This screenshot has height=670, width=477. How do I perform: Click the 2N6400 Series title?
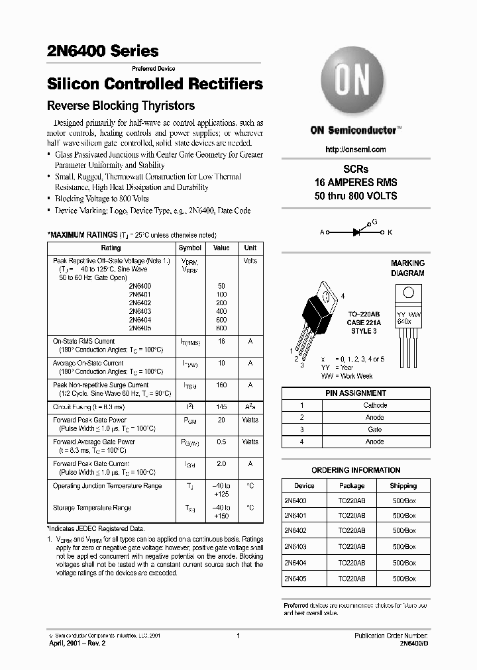(x=103, y=50)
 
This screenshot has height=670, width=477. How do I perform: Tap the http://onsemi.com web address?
(x=356, y=150)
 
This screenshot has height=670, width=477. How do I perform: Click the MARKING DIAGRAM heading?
(x=407, y=268)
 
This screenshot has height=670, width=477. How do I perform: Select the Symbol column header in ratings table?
(x=190, y=248)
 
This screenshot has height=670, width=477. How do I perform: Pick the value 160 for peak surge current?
(x=221, y=385)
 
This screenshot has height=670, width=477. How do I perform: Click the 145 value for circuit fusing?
(x=221, y=407)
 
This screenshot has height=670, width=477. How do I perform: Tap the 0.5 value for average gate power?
(x=221, y=442)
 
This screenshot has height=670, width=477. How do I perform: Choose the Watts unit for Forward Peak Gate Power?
(x=250, y=420)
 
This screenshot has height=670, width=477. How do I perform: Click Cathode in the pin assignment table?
(x=375, y=405)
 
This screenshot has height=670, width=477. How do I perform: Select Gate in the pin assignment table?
(x=375, y=430)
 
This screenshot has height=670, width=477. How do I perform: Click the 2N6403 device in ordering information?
(x=295, y=547)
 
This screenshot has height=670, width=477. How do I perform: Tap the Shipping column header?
(x=403, y=485)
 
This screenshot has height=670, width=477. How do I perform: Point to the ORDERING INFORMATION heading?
(x=356, y=470)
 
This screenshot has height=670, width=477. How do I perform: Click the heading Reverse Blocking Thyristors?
(x=121, y=106)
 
